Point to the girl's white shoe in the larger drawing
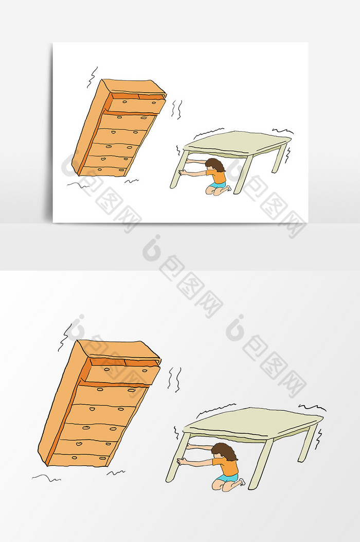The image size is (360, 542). [x=242, y=481]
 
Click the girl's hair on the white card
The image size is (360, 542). [x=215, y=165]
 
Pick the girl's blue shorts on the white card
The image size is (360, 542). [x=218, y=185]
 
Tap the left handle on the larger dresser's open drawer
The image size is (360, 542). [x=107, y=369]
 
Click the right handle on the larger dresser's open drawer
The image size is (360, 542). [x=145, y=370]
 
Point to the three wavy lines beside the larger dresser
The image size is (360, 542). [x=175, y=379]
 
